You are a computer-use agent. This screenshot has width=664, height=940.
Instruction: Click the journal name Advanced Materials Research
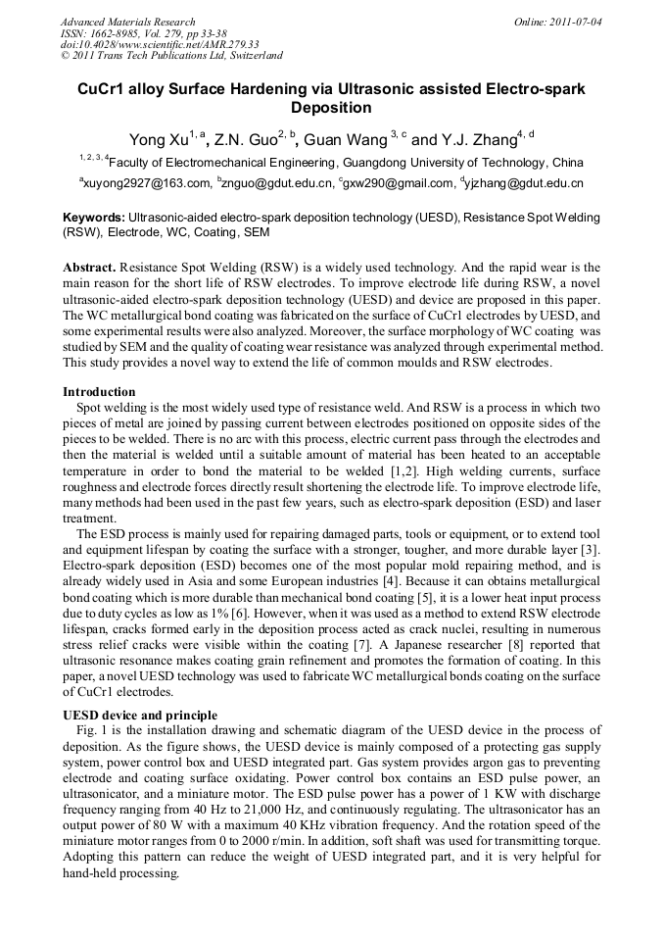click(127, 22)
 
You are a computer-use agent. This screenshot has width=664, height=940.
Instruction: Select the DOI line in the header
click(160, 44)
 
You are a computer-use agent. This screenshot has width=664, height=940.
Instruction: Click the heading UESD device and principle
click(140, 715)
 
